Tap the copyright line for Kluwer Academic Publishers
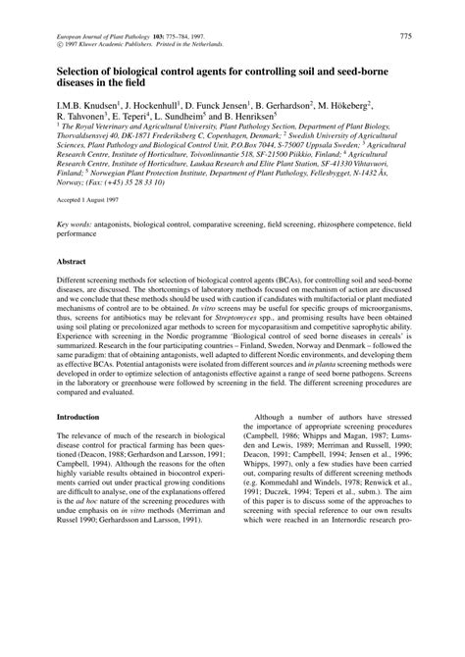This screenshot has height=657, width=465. tap(124, 44)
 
